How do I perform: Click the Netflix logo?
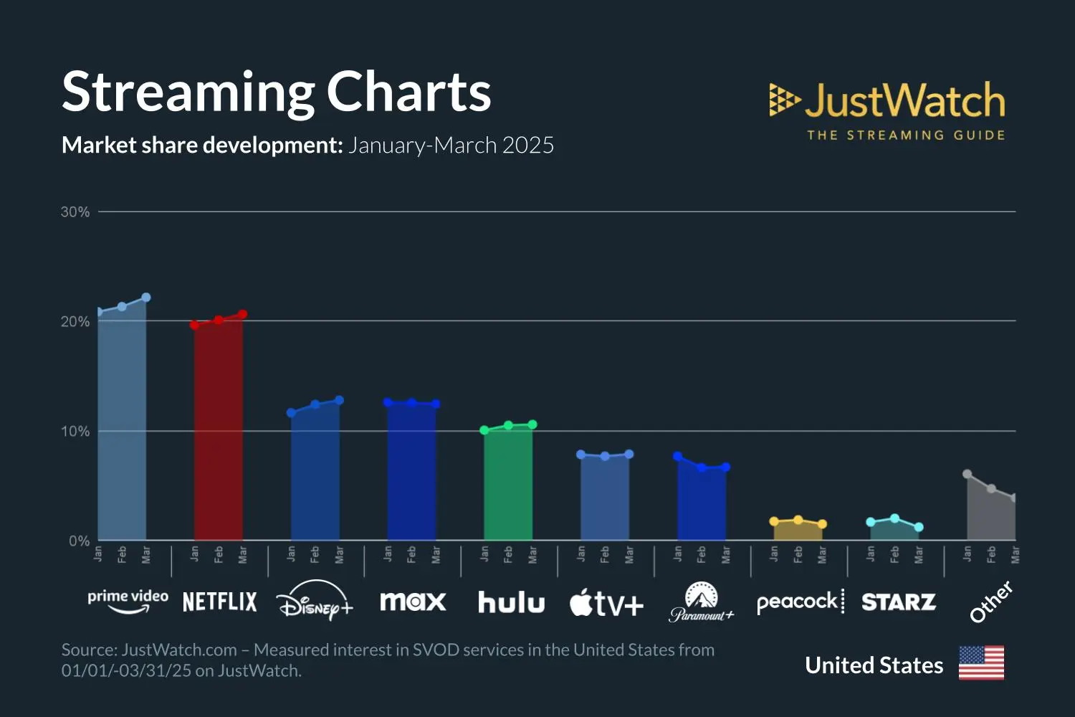click(219, 602)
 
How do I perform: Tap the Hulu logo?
click(511, 602)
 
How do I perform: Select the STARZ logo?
click(898, 602)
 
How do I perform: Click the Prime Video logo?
click(128, 601)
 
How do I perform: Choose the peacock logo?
click(800, 602)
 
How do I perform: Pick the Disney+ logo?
click(315, 601)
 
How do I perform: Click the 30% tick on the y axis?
click(75, 212)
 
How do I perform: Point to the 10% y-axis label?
click(75, 431)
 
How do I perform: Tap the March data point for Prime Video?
click(146, 297)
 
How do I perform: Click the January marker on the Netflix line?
click(194, 325)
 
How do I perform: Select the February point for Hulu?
click(508, 425)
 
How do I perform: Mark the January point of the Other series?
click(967, 474)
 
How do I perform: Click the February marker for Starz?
click(894, 518)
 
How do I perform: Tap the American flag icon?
click(981, 663)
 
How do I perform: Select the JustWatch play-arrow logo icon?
click(783, 100)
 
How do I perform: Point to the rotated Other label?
click(991, 602)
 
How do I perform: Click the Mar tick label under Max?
click(436, 555)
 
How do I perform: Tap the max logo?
click(413, 602)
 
